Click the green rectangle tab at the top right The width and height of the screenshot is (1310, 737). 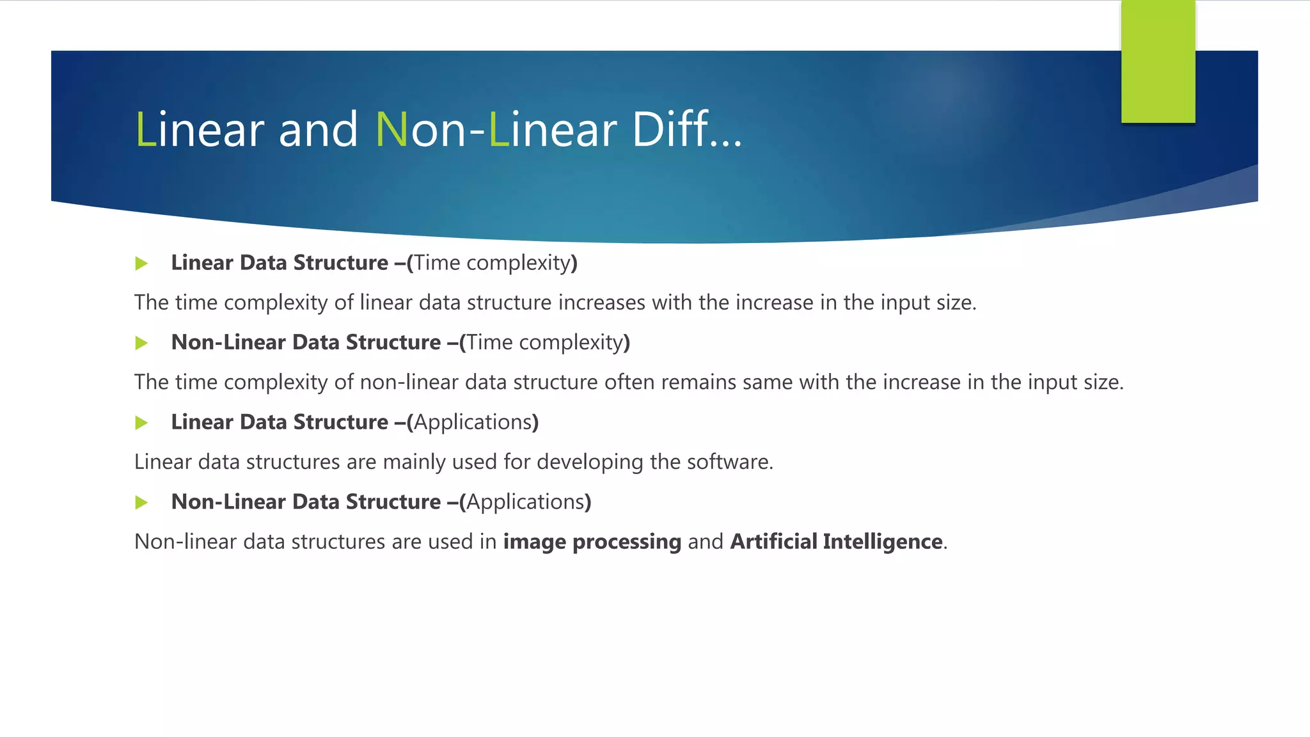pyautogui.click(x=1158, y=61)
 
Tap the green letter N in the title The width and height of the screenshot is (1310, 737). pyautogui.click(x=391, y=130)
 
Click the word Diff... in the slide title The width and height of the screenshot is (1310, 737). pyautogui.click(x=686, y=130)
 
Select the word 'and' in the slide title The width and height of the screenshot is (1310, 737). pyautogui.click(x=318, y=130)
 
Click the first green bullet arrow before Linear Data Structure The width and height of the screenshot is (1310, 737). pyautogui.click(x=142, y=264)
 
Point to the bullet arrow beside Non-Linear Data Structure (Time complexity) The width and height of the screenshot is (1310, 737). pyautogui.click(x=142, y=344)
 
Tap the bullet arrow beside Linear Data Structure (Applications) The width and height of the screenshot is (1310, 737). pyautogui.click(x=142, y=423)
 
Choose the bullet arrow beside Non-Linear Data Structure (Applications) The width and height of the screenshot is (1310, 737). pyautogui.click(x=142, y=503)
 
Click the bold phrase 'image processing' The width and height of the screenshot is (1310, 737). pyautogui.click(x=592, y=543)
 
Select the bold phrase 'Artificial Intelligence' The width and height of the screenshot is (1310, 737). pyautogui.click(x=836, y=542)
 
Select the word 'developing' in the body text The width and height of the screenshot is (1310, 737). pyautogui.click(x=590, y=463)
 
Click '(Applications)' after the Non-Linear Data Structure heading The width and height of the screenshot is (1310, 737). pyautogui.click(x=525, y=502)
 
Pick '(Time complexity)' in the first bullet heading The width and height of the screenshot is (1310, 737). pyautogui.click(x=492, y=263)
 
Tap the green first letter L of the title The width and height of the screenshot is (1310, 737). pyautogui.click(x=145, y=130)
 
